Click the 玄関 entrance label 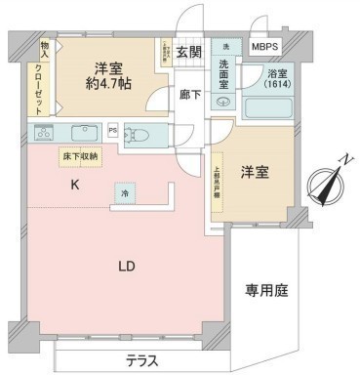[x=190, y=53]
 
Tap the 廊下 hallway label [x=190, y=96]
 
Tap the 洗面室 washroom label [x=225, y=74]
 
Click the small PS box [x=113, y=130]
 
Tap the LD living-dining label [x=128, y=266]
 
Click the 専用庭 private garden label [x=264, y=290]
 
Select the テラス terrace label [x=142, y=360]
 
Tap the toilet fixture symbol [x=140, y=136]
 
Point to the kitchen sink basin [x=83, y=133]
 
